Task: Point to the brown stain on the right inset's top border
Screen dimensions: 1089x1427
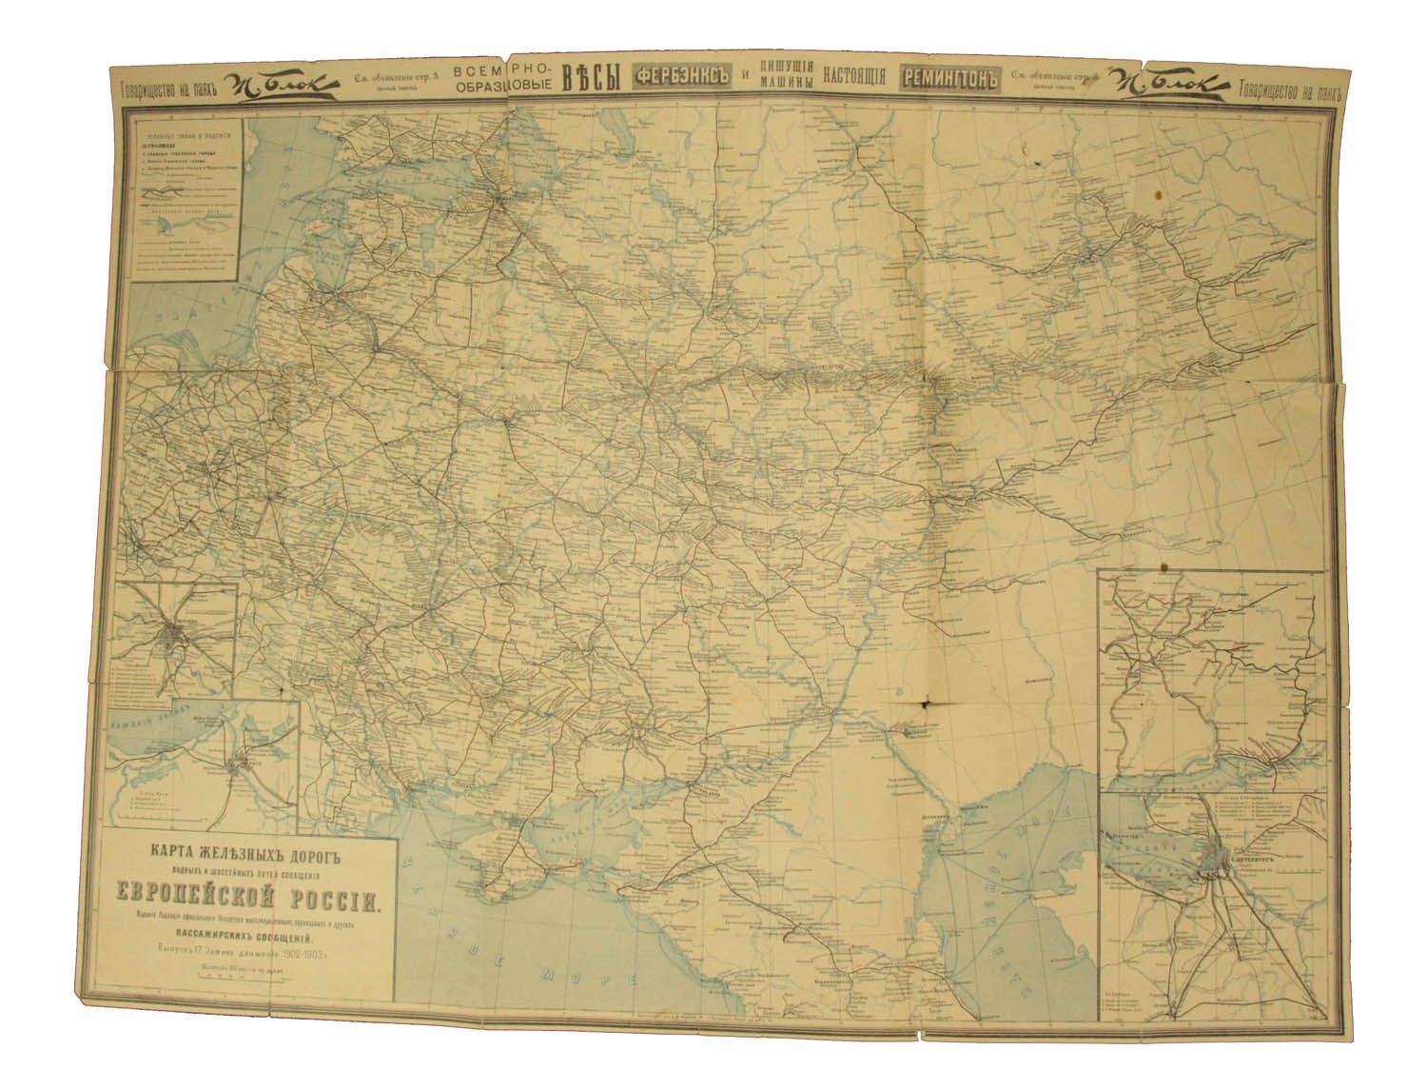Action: (1163, 569)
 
